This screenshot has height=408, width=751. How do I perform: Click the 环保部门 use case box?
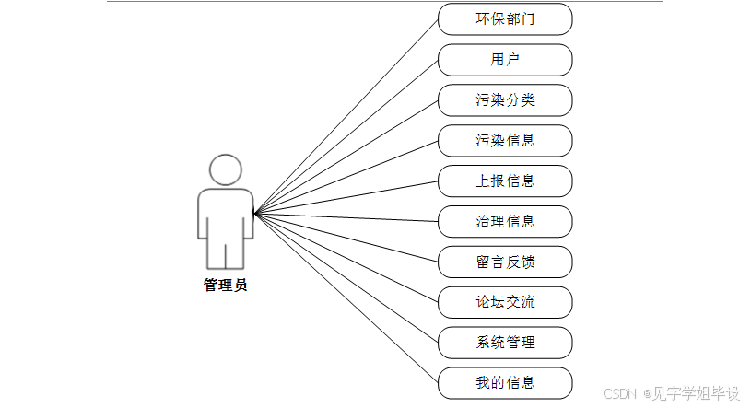tap(505, 19)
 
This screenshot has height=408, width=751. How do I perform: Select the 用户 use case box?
tap(505, 60)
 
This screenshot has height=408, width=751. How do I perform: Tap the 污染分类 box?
tap(505, 100)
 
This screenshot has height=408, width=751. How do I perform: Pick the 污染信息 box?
tap(505, 141)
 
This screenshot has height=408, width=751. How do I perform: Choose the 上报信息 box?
tap(505, 181)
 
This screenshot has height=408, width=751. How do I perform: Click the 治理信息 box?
tap(505, 221)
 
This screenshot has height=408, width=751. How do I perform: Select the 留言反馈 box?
tap(505, 262)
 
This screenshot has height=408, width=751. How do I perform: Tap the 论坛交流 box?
tap(505, 302)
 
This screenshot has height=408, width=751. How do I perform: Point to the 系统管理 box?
tap(505, 342)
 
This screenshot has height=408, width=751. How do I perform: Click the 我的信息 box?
tap(505, 382)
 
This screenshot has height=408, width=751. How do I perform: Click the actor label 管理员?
tap(226, 286)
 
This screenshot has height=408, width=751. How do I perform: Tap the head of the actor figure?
tap(226, 169)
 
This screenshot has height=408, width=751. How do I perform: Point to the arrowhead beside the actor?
tap(257, 214)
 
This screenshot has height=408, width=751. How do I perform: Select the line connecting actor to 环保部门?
tap(346, 115)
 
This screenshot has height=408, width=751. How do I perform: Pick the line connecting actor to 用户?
tap(346, 136)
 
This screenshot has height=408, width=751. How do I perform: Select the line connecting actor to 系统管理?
tap(346, 279)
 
